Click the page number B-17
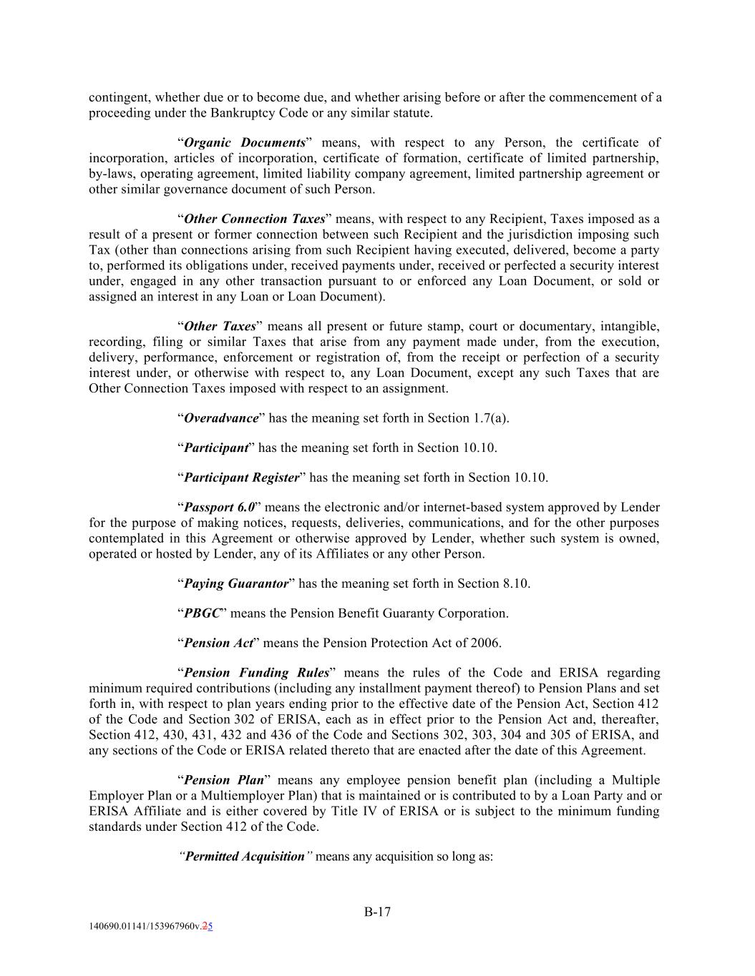click(377, 912)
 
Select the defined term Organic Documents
click(245, 143)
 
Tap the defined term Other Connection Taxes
click(254, 220)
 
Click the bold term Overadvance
click(220, 418)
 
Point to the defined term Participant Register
click(241, 478)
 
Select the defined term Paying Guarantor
click(235, 584)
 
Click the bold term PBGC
click(201, 613)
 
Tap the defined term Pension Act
click(218, 644)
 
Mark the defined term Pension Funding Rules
click(256, 674)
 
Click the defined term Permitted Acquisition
click(245, 857)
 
